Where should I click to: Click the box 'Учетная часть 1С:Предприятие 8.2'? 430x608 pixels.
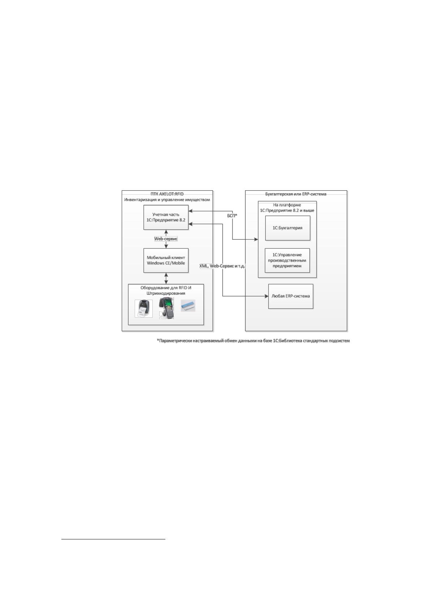click(x=166, y=217)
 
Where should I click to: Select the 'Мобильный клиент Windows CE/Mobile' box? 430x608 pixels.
click(x=166, y=261)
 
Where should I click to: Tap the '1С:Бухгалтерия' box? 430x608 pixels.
click(x=287, y=228)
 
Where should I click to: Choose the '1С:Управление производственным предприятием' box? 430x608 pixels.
click(x=287, y=261)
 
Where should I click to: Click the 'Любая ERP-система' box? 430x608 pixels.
click(x=291, y=296)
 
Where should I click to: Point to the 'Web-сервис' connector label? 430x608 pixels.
click(x=166, y=239)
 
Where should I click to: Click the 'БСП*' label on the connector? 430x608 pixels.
click(x=233, y=216)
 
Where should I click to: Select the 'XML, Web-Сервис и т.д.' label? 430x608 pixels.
click(x=222, y=266)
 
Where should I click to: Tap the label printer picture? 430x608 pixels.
click(x=144, y=309)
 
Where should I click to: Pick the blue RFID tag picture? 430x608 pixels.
click(x=188, y=306)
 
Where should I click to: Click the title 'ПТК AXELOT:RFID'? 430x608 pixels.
click(x=167, y=194)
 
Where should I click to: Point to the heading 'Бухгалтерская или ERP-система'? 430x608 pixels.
click(x=296, y=194)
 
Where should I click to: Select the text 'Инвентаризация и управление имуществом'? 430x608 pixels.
click(x=167, y=200)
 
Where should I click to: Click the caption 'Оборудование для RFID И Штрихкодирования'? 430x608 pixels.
click(x=166, y=291)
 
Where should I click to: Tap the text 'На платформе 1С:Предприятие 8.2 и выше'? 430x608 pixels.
click(x=287, y=208)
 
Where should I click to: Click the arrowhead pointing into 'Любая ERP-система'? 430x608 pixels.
click(x=266, y=296)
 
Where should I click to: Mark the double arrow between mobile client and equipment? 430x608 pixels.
click(x=166, y=278)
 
